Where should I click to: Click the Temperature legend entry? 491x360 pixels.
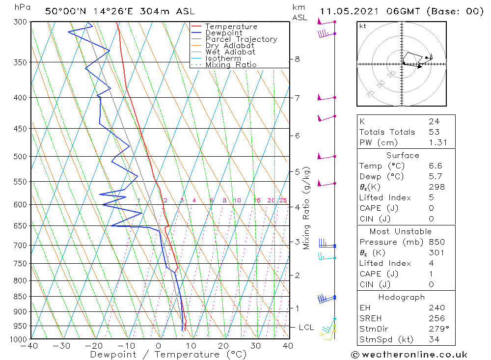(231, 27)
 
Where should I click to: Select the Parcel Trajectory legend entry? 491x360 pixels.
(241, 39)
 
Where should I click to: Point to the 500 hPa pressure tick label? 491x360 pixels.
(21, 157)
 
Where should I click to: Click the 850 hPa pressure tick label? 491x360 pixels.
(21, 297)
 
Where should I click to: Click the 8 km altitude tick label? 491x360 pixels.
(297, 59)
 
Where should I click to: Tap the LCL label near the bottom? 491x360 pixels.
(306, 327)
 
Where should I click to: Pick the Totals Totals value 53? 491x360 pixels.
(434, 132)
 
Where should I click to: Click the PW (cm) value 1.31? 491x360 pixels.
(436, 142)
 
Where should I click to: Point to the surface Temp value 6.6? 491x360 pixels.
(435, 166)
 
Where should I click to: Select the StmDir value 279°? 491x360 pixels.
(437, 329)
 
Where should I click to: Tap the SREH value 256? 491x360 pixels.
(436, 319)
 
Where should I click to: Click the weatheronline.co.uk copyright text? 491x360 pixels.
(409, 355)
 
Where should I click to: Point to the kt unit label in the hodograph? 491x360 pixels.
(363, 26)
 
